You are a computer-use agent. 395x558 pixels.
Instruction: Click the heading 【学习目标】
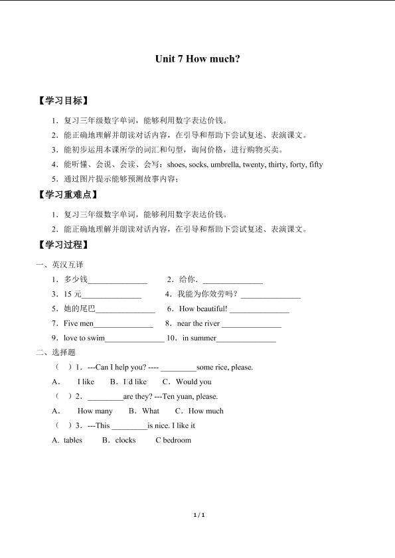click(64, 102)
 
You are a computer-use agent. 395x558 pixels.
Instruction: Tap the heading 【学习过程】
click(64, 244)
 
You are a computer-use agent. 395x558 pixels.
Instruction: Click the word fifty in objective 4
click(316, 165)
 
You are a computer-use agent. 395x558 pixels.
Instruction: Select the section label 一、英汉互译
click(60, 264)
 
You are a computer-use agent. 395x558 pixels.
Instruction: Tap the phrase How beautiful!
click(203, 309)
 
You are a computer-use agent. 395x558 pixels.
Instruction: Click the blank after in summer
click(246, 338)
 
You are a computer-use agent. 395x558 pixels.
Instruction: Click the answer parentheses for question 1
click(64, 367)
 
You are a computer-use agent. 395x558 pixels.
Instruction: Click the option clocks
click(125, 440)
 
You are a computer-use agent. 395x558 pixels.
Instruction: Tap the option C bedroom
click(173, 440)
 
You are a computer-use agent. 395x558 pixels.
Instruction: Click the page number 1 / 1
click(197, 533)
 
